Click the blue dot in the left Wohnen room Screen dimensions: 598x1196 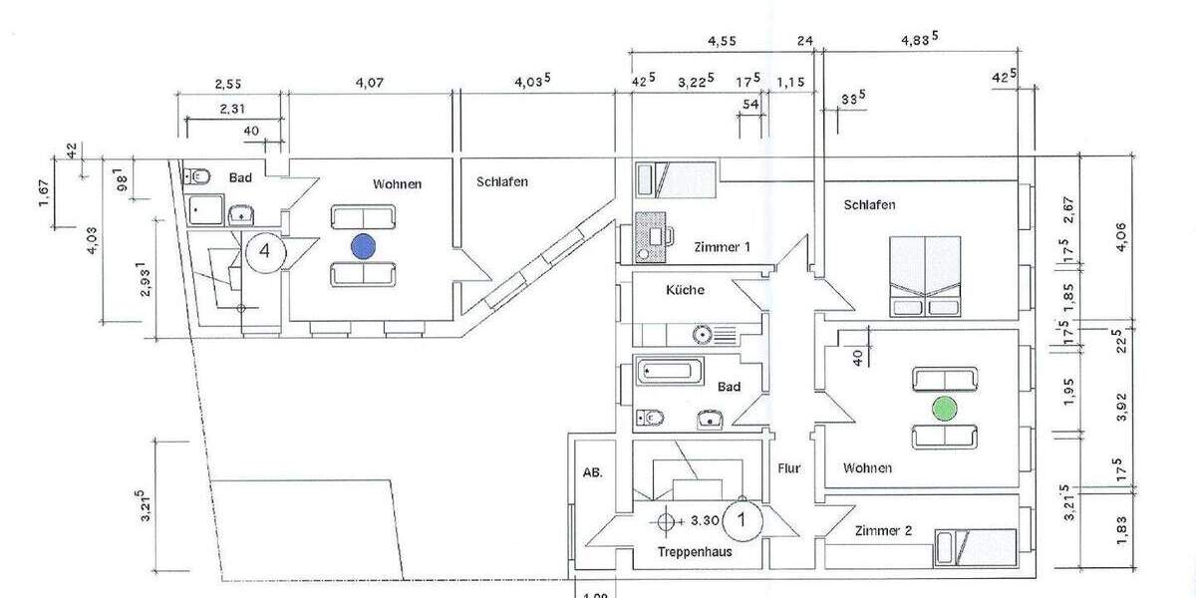tap(363, 245)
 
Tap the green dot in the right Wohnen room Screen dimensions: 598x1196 tap(943, 408)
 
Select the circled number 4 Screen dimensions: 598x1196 tap(264, 250)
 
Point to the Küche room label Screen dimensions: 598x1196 tap(685, 291)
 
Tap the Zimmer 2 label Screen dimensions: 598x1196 tap(883, 531)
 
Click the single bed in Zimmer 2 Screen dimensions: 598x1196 tap(975, 546)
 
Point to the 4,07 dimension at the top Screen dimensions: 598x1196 tap(368, 85)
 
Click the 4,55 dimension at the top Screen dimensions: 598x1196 tap(723, 42)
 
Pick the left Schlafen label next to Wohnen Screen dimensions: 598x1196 tap(501, 182)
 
